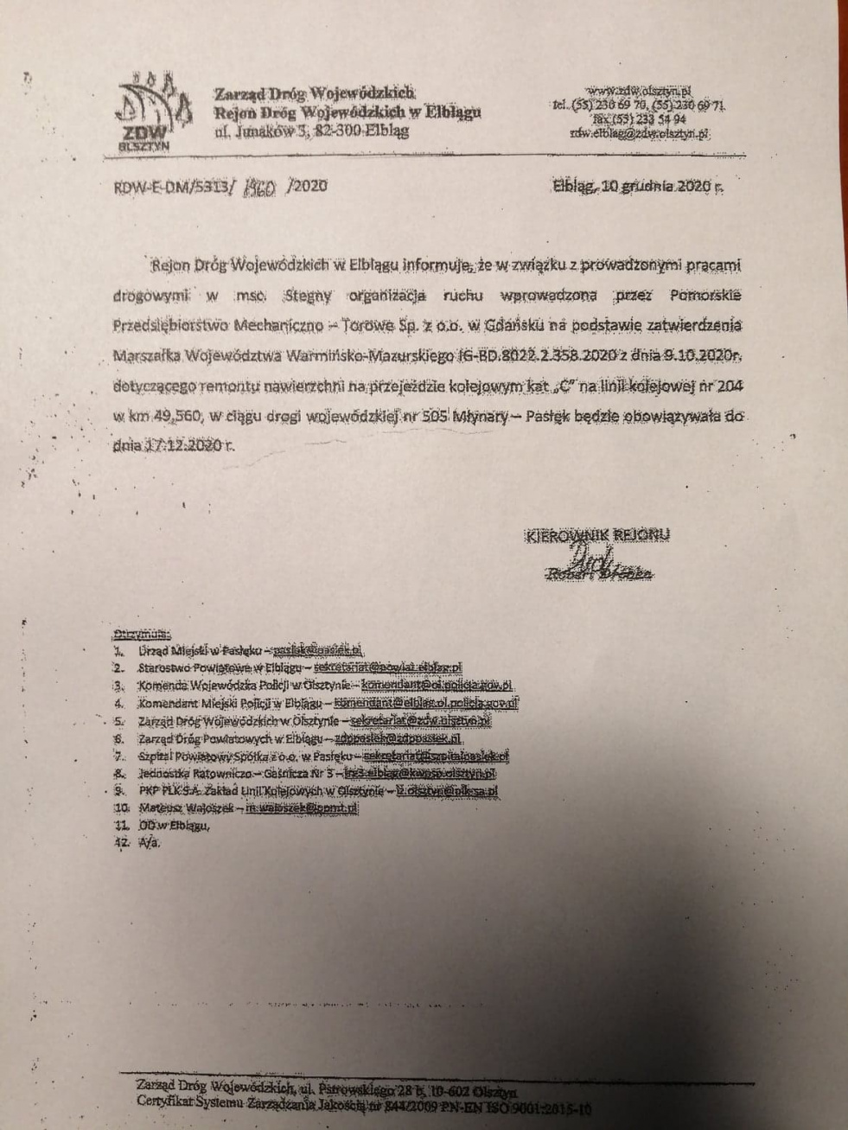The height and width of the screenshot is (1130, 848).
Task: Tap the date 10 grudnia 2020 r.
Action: coord(638,186)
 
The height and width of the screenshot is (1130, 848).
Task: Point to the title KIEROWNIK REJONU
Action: coord(598,535)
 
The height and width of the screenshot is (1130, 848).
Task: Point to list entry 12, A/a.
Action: coord(150,843)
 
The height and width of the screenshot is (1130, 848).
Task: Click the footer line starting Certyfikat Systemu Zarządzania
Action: coord(363,1102)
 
